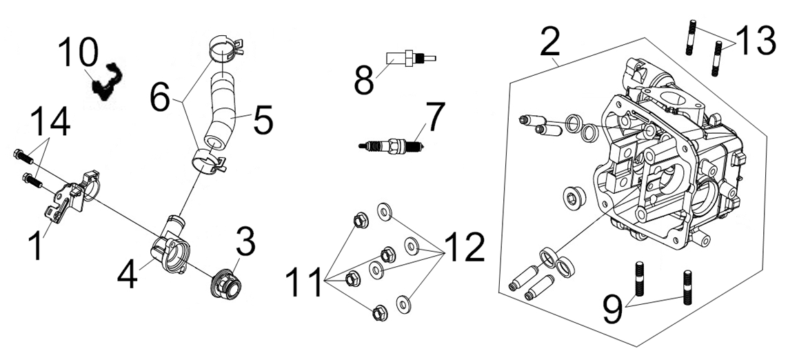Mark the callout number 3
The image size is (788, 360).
click(x=246, y=241)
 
